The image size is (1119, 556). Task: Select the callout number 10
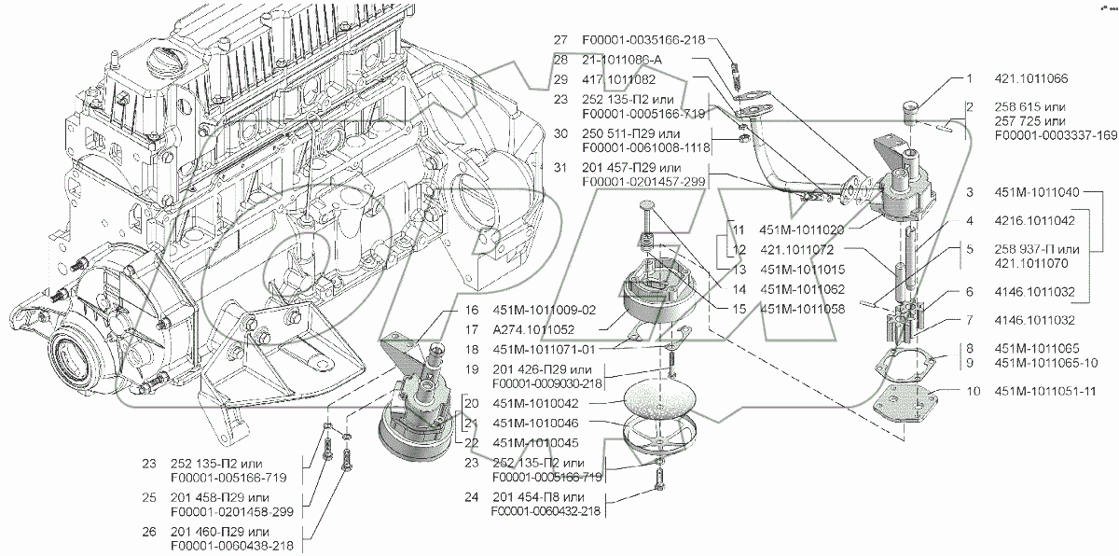pos(974,392)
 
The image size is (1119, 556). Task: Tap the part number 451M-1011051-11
pos(1043,392)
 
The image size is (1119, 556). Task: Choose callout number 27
pos(559,40)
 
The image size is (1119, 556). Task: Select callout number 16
pos(471,310)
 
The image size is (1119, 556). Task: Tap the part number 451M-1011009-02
pos(543,310)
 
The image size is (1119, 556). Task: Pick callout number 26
pos(149,531)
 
